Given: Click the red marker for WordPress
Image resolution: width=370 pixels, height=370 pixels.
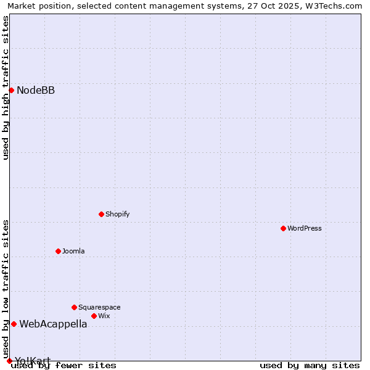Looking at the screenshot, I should click(x=283, y=228).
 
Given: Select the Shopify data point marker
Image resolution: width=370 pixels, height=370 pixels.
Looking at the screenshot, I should click(x=101, y=214).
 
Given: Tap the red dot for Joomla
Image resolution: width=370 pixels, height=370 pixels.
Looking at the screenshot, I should click(x=58, y=251).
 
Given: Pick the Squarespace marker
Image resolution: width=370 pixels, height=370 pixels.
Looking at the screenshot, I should click(x=74, y=307).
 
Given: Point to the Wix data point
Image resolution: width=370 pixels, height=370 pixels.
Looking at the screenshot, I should click(x=94, y=316).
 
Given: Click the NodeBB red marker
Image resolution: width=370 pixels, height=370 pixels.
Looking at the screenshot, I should click(x=11, y=90).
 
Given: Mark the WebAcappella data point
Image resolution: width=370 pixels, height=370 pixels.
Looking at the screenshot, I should click(x=14, y=324).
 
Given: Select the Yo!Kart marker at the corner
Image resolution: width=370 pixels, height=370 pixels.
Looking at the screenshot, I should click(x=9, y=361).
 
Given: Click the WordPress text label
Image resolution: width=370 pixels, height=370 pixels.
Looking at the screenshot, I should click(x=305, y=228).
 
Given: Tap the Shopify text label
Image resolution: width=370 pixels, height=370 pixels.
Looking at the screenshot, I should click(x=117, y=214).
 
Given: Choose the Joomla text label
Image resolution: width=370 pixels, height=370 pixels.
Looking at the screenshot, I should click(x=73, y=251).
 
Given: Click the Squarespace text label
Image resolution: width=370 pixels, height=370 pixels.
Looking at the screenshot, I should click(x=99, y=307).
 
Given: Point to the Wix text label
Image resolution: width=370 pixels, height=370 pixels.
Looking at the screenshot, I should click(x=104, y=316).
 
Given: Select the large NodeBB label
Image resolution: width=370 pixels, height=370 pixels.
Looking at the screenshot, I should click(x=36, y=91).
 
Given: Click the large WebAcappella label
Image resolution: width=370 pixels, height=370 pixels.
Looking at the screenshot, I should click(x=53, y=324).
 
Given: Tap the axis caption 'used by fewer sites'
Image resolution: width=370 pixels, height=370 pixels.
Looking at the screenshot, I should click(x=64, y=365).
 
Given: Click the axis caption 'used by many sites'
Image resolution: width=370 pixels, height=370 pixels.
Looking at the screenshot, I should click(x=310, y=365).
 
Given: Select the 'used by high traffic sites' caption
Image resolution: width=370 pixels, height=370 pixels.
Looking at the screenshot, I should click(x=6, y=88).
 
